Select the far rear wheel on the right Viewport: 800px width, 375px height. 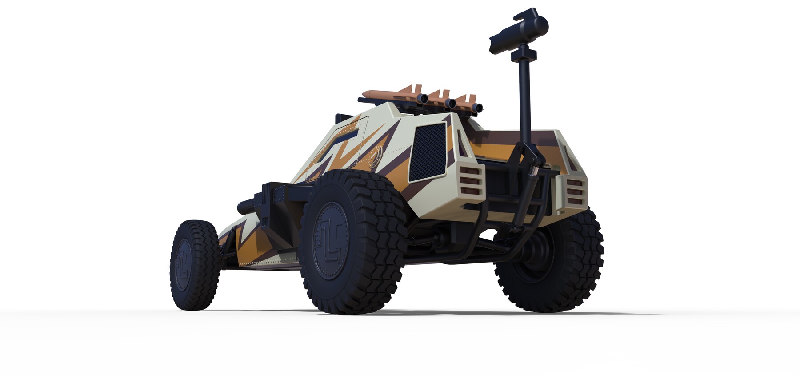coord(551,262)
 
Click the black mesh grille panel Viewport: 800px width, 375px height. coord(427,151)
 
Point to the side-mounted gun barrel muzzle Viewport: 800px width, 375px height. coord(242,207)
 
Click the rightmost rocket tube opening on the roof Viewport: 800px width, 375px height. coord(479,108)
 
